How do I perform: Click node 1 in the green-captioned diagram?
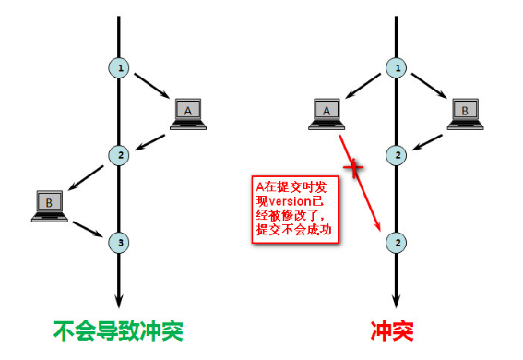point(118,66)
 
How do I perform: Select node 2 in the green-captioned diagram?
point(118,154)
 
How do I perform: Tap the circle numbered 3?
point(118,242)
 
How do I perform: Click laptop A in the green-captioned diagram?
point(187,113)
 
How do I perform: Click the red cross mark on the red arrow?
point(351,167)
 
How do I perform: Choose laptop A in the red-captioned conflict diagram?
point(326,113)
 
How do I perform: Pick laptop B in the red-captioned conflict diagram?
point(466,113)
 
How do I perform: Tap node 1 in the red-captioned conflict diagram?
point(397,66)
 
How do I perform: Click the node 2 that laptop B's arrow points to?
point(397,154)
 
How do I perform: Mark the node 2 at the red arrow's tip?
point(397,242)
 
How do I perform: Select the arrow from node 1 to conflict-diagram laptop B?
point(430,90)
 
